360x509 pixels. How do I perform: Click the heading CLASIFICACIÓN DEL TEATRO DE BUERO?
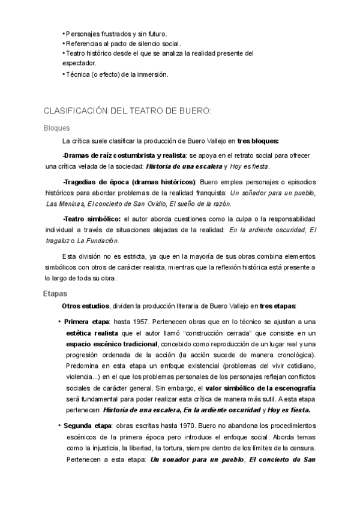pos(128,111)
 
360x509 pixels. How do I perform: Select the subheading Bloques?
pos(57,127)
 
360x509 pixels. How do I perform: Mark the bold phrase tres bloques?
pos(258,141)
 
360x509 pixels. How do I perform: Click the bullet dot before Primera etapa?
pos(59,321)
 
